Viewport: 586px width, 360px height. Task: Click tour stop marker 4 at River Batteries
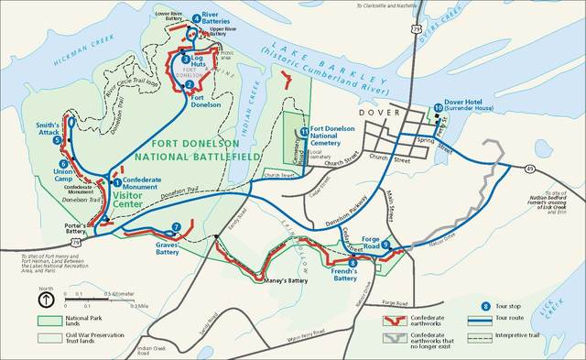point(196,18)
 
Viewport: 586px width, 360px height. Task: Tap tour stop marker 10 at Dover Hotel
point(439,107)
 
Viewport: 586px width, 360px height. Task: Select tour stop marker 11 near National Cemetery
point(303,131)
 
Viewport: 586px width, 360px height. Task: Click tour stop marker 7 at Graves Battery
point(176,227)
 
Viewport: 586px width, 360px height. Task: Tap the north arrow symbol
point(46,300)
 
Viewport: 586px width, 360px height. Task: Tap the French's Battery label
point(345,274)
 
